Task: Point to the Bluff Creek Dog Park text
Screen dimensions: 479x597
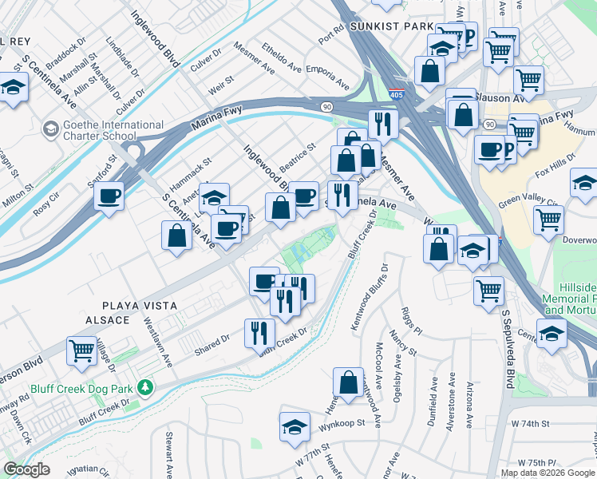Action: (x=81, y=389)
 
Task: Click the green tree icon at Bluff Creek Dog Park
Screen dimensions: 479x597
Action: (x=144, y=388)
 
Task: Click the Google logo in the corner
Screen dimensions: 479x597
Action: (x=26, y=470)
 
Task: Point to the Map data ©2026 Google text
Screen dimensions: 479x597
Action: (x=548, y=473)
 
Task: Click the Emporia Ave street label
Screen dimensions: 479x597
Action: (x=328, y=77)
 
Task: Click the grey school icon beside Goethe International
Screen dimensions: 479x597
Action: (x=50, y=129)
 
